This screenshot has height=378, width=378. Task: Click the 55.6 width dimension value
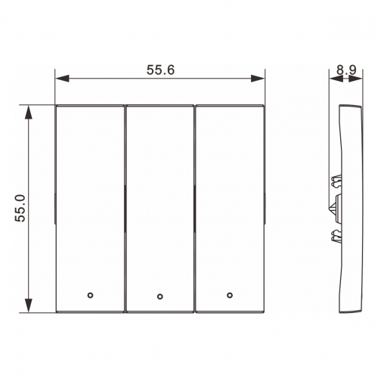[160, 70]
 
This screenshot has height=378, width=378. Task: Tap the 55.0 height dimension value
[20, 208]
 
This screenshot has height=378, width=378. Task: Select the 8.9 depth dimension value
[347, 70]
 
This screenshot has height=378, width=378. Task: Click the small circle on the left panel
[90, 295]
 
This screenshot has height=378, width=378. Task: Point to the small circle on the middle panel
[160, 296]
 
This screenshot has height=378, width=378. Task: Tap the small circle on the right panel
[230, 295]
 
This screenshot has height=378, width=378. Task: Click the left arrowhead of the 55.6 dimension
[62, 79]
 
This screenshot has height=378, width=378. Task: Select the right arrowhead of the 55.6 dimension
[258, 79]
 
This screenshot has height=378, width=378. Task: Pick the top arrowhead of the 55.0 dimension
[29, 112]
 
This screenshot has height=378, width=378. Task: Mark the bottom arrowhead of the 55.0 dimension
[29, 305]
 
